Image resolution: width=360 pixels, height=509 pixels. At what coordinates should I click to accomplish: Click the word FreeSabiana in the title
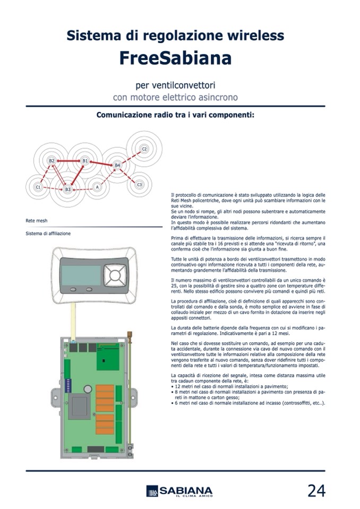pos(175,58)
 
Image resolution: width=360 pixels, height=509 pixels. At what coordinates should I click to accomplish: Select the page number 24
pos(316,491)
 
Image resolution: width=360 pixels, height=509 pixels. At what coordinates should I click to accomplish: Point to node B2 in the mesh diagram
pos(52,160)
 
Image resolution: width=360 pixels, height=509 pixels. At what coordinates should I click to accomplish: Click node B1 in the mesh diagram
pos(85,160)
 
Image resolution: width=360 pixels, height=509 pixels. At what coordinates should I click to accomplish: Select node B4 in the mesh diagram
pos(117,166)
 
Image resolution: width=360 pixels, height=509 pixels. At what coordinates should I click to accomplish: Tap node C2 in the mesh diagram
pos(144,148)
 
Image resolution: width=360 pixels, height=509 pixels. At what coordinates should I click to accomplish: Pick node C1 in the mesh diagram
pos(38,187)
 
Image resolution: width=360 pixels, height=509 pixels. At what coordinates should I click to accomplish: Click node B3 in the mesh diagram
pos(68,189)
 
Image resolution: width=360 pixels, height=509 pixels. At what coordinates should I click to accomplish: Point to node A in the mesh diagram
pos(97,187)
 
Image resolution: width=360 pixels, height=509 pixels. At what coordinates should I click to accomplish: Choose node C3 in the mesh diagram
pos(140,184)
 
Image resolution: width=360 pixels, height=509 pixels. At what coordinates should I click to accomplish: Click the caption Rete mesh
pos(36,220)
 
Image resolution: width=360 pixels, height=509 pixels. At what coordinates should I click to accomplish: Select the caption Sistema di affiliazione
pos(48,234)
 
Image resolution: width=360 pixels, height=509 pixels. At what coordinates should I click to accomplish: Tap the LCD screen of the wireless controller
pos(81,275)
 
